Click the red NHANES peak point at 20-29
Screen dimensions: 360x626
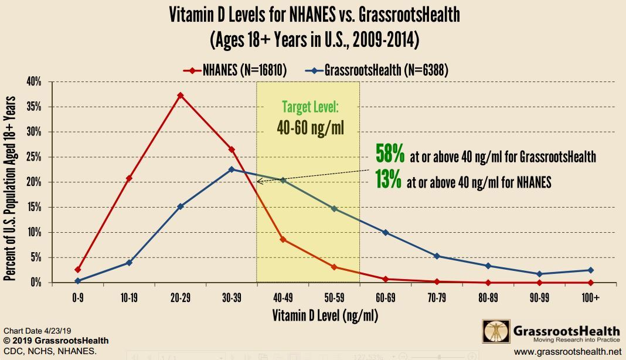180,96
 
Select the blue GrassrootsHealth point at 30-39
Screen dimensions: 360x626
232,169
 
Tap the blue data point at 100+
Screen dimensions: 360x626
590,270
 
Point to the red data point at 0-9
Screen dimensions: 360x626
77,270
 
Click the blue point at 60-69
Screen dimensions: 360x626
385,233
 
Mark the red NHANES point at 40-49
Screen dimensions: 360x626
283,239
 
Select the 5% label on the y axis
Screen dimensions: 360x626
36,258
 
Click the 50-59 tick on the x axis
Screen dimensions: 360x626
334,298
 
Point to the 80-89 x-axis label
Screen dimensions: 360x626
488,298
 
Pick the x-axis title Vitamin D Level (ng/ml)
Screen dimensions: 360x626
325,316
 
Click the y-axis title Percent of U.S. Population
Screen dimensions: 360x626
11,182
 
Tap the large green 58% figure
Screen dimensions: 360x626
390,155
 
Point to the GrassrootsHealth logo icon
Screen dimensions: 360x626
494,331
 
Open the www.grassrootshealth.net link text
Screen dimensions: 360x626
567,352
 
